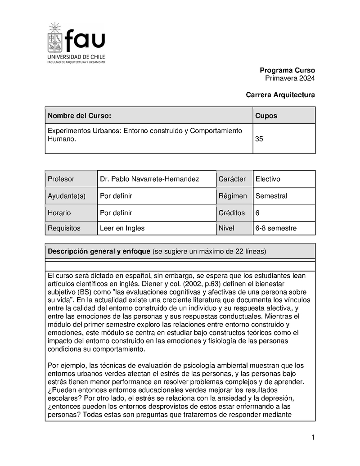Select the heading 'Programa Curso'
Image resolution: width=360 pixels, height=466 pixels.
coord(287,70)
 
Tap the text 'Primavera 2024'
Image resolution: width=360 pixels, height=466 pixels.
coord(290,78)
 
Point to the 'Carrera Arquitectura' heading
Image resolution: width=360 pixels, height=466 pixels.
coord(280,95)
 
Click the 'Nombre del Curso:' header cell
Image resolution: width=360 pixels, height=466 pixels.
coord(79,116)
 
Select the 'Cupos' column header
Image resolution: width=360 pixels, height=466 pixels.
coord(266,116)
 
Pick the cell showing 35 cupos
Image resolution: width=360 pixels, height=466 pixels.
coord(260,139)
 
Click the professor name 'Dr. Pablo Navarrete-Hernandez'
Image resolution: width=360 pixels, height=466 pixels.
coord(149,179)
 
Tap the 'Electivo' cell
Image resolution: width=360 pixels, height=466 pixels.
coord(268,179)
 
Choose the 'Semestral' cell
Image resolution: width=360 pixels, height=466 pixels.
coord(271,196)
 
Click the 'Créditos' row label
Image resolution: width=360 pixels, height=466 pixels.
coord(232,213)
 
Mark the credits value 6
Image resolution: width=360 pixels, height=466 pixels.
coord(257,213)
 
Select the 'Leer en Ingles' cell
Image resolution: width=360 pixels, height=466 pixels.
coord(122,228)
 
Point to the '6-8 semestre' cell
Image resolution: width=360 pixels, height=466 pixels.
coord(276,228)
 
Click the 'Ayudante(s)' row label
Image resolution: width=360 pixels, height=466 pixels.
coord(66,196)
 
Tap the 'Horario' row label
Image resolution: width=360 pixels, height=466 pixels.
coord(59,213)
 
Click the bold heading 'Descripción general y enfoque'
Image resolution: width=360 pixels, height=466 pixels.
coord(99,251)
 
